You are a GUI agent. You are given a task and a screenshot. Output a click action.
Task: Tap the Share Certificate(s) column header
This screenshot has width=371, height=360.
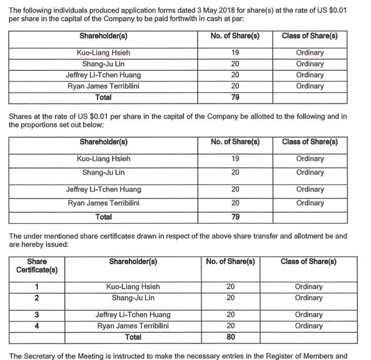click(37, 266)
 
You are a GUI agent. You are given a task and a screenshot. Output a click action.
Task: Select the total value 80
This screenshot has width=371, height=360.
click(231, 337)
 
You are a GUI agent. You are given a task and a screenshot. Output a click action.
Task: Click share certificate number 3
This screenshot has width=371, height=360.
click(37, 315)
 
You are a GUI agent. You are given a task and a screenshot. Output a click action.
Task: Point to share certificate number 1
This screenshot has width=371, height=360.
click(37, 287)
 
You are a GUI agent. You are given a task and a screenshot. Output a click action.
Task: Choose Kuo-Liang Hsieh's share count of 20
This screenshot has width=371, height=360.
click(231, 287)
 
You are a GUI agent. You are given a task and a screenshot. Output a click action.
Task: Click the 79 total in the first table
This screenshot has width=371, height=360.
click(235, 98)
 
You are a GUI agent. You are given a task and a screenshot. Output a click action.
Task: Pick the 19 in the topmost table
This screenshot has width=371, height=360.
click(235, 53)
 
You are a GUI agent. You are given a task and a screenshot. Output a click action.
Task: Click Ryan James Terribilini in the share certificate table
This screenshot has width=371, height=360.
click(133, 326)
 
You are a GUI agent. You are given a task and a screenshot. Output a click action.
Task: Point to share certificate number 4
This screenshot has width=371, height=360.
click(37, 326)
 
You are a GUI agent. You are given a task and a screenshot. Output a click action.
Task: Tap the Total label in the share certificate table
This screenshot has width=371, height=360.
click(133, 337)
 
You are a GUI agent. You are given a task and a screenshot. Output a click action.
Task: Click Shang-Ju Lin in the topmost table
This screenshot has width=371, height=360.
click(103, 64)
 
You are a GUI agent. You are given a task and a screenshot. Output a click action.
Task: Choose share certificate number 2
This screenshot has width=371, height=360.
click(37, 298)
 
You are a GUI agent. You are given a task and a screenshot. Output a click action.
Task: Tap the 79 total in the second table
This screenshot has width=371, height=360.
click(235, 217)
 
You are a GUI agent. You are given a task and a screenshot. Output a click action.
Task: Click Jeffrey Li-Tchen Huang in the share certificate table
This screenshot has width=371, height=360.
click(133, 315)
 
